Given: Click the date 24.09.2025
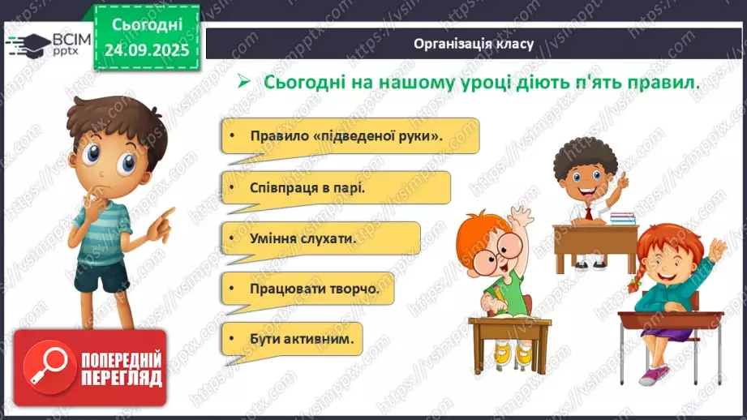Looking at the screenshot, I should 147,50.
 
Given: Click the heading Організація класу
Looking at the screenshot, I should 474,44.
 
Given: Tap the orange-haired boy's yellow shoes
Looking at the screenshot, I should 503,352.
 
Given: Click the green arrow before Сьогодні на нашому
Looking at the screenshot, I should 241,83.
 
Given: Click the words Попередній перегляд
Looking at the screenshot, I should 121,368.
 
